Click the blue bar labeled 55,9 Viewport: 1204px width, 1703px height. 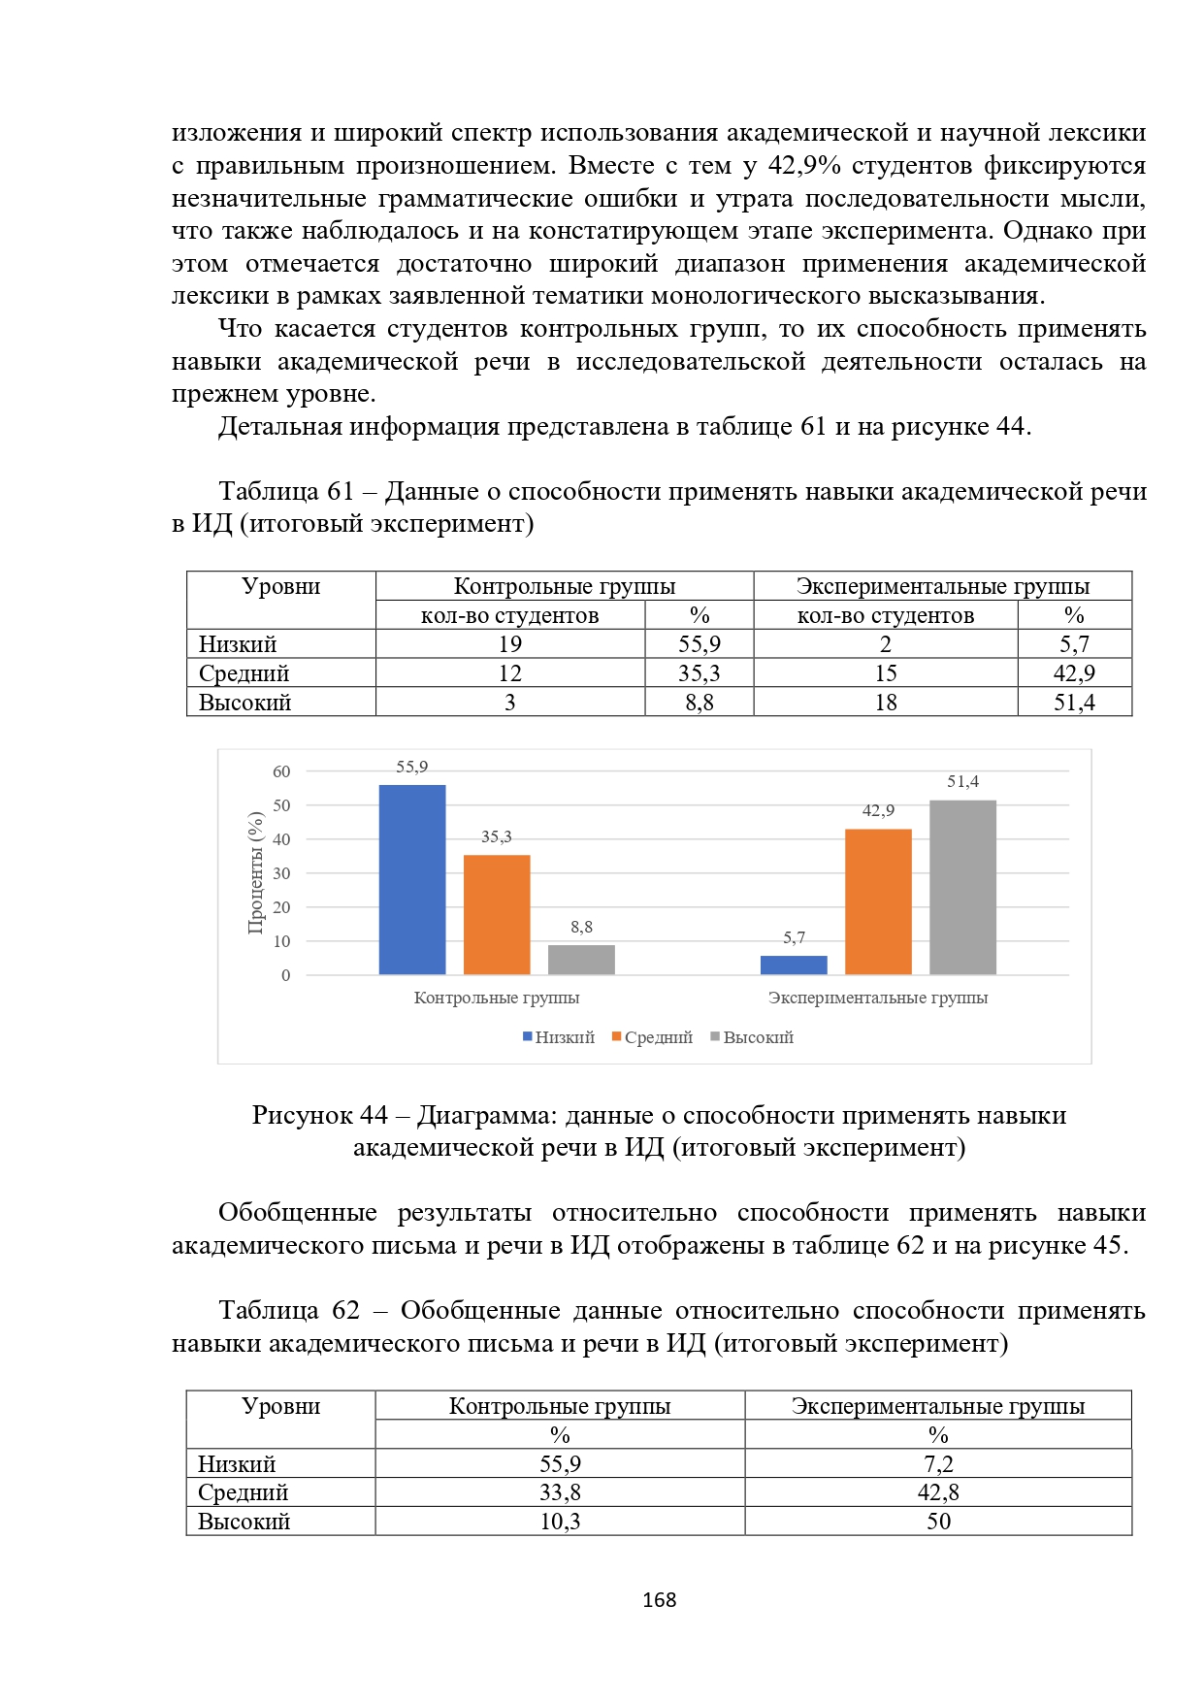point(411,879)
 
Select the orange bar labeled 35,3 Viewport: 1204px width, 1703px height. point(497,914)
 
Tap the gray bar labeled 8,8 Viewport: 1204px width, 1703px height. point(581,960)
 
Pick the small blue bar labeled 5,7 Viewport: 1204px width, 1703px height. point(794,965)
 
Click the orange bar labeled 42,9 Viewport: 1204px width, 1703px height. point(878,901)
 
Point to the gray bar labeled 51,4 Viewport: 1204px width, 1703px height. point(962,887)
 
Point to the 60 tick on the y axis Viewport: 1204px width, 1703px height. point(281,771)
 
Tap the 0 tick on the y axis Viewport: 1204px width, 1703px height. point(285,975)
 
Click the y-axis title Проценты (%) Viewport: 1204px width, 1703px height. point(256,872)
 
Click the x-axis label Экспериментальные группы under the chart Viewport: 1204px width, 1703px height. point(877,998)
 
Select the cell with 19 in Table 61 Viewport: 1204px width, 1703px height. point(510,644)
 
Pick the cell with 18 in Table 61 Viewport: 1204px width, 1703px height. point(886,703)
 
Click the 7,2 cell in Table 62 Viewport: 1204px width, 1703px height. point(938,1463)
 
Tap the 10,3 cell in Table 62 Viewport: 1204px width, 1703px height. point(560,1522)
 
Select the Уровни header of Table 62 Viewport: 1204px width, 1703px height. point(280,1406)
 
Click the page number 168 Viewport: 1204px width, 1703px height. point(659,1600)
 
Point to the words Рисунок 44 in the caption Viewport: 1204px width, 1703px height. point(319,1115)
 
